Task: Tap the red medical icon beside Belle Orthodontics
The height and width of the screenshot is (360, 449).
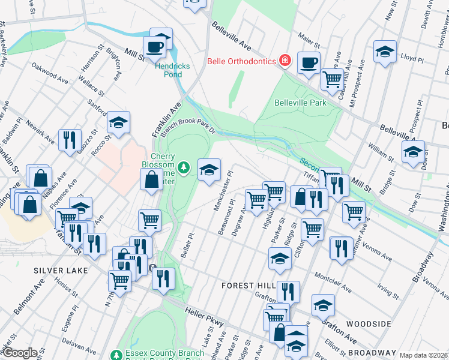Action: click(285, 61)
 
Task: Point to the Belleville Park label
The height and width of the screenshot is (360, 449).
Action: click(300, 103)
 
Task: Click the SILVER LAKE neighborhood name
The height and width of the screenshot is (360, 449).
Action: click(61, 271)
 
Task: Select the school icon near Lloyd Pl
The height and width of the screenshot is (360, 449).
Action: click(385, 51)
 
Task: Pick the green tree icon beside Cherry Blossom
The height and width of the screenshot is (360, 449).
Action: click(186, 166)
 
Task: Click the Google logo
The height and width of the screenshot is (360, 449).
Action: click(19, 353)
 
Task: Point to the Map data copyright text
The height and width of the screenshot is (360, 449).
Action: click(423, 355)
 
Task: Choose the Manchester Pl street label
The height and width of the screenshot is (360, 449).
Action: click(223, 191)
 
